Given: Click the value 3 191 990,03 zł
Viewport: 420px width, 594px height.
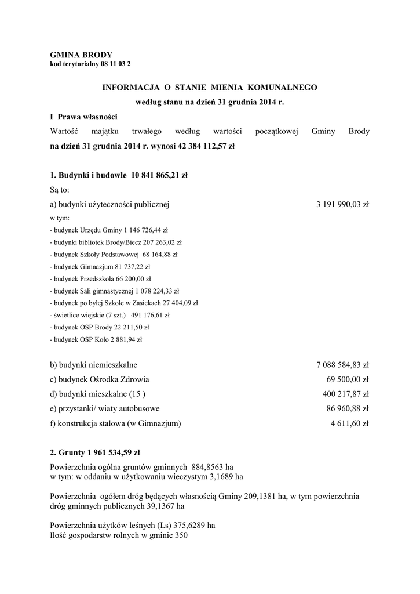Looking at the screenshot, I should click(342, 204).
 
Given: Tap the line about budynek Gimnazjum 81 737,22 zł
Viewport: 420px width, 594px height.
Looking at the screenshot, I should click(100, 267).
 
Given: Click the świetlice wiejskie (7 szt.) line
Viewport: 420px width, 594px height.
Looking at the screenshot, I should click(109, 316).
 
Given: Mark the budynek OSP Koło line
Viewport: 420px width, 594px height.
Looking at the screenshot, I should click(96, 340).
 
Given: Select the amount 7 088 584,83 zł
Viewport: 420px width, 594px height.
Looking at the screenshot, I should click(342, 365).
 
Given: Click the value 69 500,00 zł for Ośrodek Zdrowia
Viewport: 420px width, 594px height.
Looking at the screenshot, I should click(348, 380).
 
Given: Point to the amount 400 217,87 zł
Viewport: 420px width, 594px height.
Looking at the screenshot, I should click(346, 394).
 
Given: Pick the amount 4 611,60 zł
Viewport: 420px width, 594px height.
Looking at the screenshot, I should click(350, 424).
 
